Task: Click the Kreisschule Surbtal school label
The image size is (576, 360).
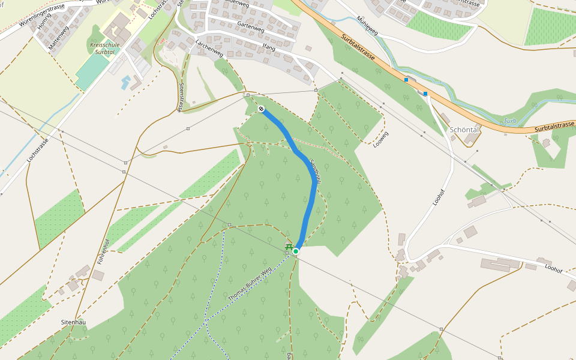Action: click(106, 49)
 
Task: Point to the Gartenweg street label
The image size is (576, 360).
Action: click(250, 28)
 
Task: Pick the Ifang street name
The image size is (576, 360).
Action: click(268, 46)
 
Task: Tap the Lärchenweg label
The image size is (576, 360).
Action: click(209, 49)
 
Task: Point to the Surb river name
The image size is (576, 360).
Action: click(509, 121)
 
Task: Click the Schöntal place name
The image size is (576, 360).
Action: click(465, 130)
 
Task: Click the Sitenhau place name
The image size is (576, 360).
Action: click(73, 322)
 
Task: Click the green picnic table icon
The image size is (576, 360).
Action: click(289, 247)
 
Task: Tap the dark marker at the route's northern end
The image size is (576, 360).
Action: click(262, 109)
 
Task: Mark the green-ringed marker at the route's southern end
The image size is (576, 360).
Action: click(296, 251)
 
